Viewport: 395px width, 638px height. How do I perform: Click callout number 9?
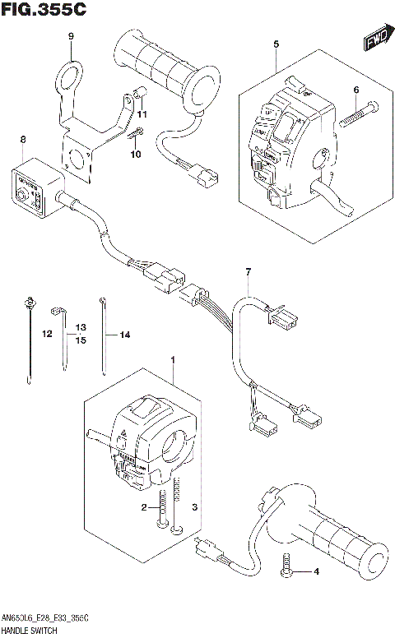[71, 36]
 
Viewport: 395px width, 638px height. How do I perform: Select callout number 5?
[276, 43]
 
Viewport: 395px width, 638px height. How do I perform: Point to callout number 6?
[356, 90]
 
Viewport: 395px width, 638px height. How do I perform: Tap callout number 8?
[22, 141]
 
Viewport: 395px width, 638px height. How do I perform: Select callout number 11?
[142, 113]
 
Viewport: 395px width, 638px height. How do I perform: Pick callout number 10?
[136, 154]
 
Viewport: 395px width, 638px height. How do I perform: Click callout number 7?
[246, 271]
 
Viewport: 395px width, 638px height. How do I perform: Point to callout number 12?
[47, 334]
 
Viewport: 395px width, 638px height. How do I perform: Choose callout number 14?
[125, 335]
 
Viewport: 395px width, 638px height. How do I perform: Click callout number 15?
[81, 340]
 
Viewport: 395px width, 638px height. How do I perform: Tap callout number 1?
[174, 359]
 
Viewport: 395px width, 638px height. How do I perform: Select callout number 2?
[143, 508]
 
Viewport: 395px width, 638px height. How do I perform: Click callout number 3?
[194, 507]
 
